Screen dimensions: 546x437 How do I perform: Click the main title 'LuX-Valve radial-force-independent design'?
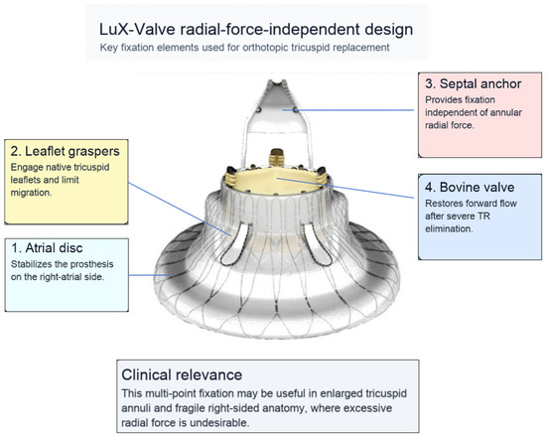tap(256, 30)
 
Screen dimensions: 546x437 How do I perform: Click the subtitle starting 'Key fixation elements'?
tap(244, 48)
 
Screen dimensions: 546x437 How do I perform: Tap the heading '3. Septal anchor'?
tap(474, 83)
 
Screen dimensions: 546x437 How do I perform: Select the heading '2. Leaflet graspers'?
tap(66, 151)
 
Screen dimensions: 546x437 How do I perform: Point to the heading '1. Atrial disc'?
tap(47, 247)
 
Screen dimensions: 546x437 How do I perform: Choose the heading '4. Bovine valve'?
tap(470, 187)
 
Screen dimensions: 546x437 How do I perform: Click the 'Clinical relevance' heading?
tap(182, 375)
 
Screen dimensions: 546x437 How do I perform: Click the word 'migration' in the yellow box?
tap(31, 193)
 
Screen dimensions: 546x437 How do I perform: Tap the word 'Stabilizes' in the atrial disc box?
tap(32, 264)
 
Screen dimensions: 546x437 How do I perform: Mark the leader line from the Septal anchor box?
tap(348, 110)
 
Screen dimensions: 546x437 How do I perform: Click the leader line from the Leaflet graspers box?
tap(180, 209)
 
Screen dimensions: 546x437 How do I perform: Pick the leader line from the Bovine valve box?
tap(345, 188)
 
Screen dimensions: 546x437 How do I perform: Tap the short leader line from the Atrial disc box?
tap(149, 275)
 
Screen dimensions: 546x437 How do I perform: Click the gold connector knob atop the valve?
tap(277, 157)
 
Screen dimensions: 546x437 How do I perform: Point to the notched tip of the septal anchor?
tap(277, 83)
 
